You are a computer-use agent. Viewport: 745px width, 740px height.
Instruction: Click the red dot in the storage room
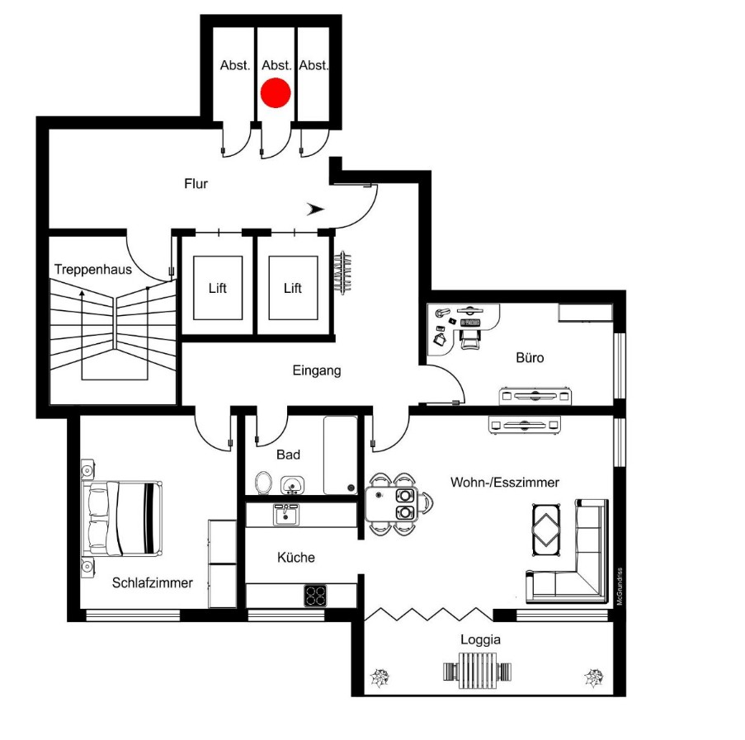(x=276, y=92)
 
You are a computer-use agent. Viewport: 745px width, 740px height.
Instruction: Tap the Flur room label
(x=196, y=183)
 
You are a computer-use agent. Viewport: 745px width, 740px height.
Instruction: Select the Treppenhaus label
(x=93, y=269)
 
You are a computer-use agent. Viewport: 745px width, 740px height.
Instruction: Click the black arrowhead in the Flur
(x=315, y=209)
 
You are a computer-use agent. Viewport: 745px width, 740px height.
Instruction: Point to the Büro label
(x=530, y=357)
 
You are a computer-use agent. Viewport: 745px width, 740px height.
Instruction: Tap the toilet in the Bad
(x=263, y=483)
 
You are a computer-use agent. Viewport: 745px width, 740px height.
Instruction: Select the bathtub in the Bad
(x=340, y=455)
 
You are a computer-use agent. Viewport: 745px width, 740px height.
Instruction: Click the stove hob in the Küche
(x=315, y=596)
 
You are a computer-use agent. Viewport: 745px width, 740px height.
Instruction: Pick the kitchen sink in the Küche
(x=286, y=515)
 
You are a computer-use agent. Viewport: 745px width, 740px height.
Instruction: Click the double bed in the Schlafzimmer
(x=122, y=518)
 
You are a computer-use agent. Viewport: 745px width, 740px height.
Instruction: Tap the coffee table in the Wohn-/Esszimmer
(x=546, y=530)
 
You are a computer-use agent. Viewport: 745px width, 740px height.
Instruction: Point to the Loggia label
(x=480, y=640)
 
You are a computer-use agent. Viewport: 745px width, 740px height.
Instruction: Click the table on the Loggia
(x=478, y=670)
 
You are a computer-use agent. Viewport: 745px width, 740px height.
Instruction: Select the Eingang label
(x=317, y=370)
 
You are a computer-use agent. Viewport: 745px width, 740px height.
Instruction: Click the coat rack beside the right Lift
(x=343, y=272)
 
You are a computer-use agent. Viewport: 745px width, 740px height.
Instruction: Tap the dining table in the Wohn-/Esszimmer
(x=392, y=503)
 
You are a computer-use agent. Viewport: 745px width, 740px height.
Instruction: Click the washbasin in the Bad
(x=292, y=485)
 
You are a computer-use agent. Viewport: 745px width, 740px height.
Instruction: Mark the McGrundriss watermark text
(x=620, y=586)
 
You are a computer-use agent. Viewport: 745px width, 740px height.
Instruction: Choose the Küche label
(x=296, y=557)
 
